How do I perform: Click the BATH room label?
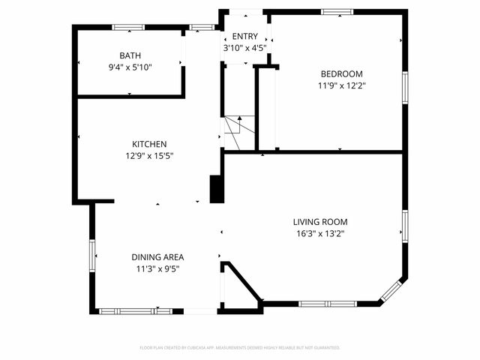coord(130,55)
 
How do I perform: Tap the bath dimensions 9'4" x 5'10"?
coord(130,67)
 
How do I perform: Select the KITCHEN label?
coord(149,144)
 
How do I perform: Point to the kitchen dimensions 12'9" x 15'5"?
coord(149,155)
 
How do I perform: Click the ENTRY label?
coord(244,37)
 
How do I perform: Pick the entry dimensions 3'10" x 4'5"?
coord(244,48)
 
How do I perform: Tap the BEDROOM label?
coord(341,73)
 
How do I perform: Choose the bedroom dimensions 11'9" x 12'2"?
coord(341,85)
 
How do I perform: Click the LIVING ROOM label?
coord(320,222)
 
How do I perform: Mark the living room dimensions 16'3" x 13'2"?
coord(320,233)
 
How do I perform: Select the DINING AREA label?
coord(158,257)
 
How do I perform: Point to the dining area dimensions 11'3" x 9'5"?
coord(158,268)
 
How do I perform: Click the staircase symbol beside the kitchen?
coord(232,125)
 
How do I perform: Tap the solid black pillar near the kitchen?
coord(217,188)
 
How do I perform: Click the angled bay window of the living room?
coord(394,291)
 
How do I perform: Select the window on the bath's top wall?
coord(129,28)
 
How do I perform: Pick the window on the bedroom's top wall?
coord(337,12)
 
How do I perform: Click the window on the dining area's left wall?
coord(93,256)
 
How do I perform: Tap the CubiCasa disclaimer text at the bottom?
coord(240,348)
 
